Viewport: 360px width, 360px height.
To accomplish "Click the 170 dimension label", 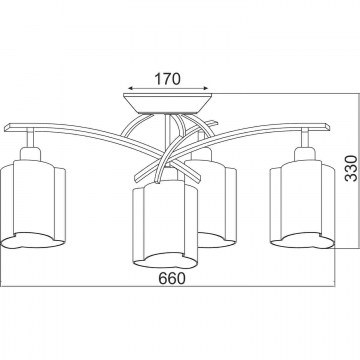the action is (x=167, y=79).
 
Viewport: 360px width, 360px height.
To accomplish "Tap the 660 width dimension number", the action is (x=172, y=278).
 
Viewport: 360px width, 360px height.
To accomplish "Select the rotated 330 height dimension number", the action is (x=351, y=168).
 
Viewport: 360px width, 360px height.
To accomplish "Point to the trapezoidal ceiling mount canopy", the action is (x=168, y=104).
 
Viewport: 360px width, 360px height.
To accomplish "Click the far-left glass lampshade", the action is (x=32, y=204).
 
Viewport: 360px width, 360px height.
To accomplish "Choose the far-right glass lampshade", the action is (x=302, y=204).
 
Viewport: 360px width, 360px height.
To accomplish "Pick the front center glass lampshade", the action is (x=165, y=224).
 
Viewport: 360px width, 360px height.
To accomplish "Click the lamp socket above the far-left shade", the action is (x=30, y=153).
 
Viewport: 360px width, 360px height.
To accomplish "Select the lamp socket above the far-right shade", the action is (x=305, y=153).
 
